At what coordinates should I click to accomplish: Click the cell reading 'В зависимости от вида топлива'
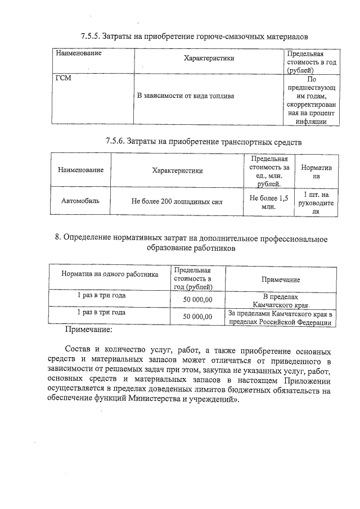click(186, 96)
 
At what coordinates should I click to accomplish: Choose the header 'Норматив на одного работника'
click(110, 274)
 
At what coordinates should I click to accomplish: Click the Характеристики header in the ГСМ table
click(209, 58)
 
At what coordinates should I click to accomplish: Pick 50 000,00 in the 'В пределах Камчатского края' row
click(197, 300)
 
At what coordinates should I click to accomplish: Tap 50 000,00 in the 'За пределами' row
click(197, 317)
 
